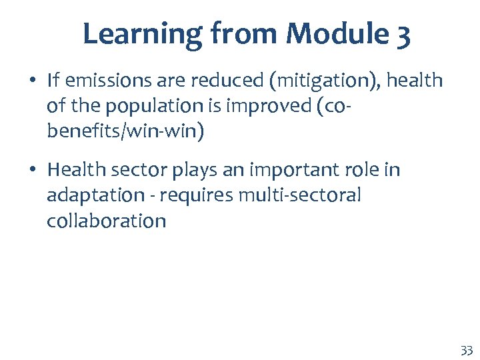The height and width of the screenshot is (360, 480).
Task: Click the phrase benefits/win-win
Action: (x=125, y=131)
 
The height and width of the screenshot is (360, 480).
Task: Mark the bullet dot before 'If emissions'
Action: (x=32, y=81)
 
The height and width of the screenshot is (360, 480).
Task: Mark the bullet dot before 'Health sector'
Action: (x=32, y=171)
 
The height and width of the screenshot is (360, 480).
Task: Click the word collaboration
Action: (x=106, y=220)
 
